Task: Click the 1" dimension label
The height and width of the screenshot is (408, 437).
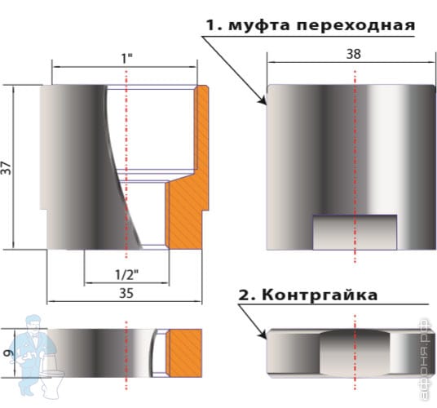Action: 127,59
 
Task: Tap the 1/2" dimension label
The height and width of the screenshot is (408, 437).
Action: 127,275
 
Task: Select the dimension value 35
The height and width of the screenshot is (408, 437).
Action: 126,293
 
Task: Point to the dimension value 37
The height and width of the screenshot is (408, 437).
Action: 7,168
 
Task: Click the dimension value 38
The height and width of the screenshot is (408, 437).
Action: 353,54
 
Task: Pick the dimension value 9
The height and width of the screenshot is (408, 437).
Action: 8,353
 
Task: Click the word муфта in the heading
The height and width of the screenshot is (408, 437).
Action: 260,25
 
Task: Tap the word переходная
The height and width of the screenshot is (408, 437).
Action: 355,25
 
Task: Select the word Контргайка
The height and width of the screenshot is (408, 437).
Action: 320,295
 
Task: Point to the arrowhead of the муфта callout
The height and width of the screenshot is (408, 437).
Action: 263,101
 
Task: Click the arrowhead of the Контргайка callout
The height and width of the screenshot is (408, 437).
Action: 263,335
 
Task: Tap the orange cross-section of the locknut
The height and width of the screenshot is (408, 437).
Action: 184,353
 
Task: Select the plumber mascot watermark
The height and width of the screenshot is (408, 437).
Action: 36,356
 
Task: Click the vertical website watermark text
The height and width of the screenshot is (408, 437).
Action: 426,360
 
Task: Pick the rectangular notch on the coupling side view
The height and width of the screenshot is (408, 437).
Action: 355,232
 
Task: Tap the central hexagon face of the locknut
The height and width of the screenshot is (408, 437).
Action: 355,353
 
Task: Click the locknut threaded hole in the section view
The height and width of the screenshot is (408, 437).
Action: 160,353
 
